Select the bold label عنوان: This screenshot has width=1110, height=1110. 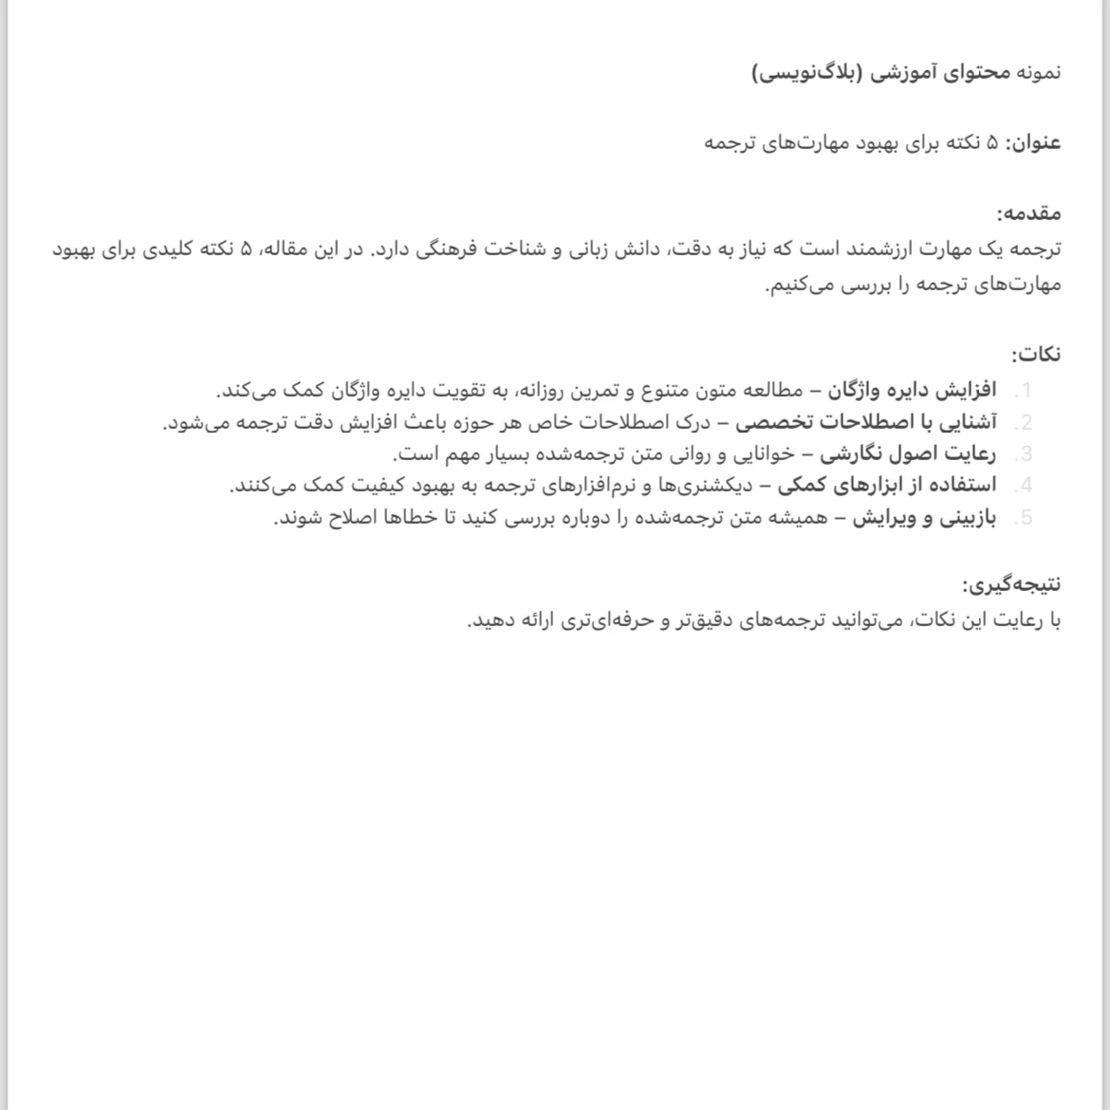1033,143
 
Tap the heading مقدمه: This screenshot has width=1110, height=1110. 1029,213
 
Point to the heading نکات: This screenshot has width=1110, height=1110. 1036,355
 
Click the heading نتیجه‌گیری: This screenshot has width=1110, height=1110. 1011,584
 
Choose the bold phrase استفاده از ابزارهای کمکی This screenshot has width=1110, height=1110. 887,486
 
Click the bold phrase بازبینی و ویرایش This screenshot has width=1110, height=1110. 924,518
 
